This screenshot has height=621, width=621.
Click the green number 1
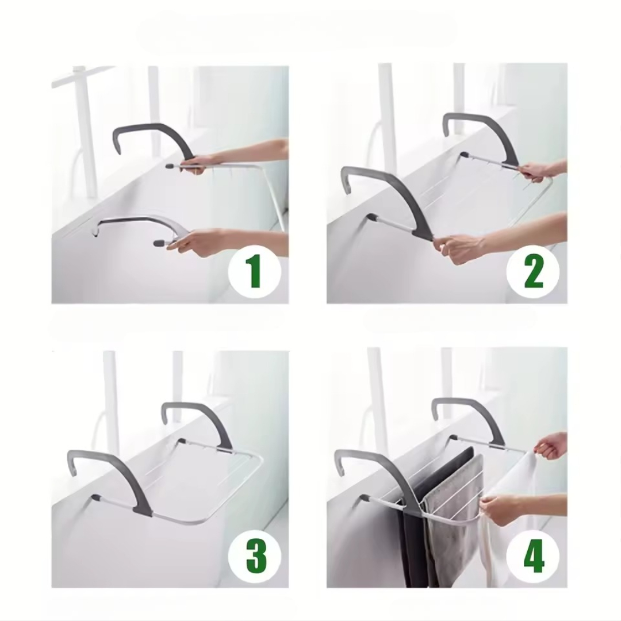254,271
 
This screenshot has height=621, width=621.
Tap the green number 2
533,271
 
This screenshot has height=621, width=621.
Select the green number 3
256,556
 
